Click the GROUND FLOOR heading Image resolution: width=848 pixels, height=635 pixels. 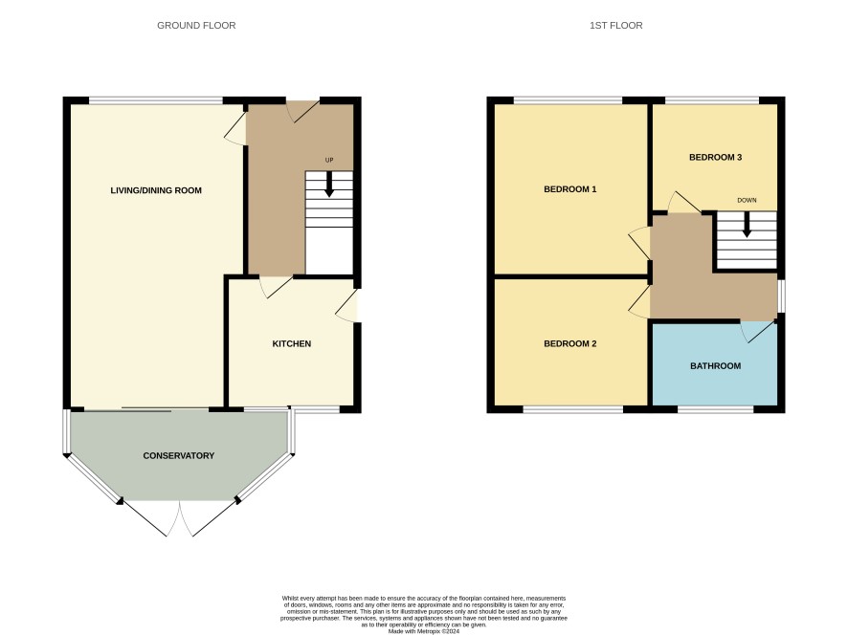[x=196, y=26]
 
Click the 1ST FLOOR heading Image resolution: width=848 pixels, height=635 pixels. [x=616, y=26]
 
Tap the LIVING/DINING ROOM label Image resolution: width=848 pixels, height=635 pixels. [x=156, y=190]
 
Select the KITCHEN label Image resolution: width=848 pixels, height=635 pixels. [x=292, y=343]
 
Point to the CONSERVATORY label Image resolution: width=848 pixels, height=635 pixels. [x=178, y=455]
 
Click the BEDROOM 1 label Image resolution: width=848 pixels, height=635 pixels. [x=570, y=189]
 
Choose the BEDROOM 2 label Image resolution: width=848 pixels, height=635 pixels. [x=570, y=343]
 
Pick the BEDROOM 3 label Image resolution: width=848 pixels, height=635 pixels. [x=716, y=157]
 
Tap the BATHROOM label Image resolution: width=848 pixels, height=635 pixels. [x=716, y=366]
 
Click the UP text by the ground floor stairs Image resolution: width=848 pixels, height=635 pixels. [x=329, y=160]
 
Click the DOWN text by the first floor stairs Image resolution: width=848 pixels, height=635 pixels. [x=747, y=200]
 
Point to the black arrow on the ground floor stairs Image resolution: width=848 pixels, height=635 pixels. [x=329, y=185]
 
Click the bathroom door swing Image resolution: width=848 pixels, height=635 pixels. [x=757, y=331]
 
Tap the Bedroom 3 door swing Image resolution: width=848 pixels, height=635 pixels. [x=683, y=202]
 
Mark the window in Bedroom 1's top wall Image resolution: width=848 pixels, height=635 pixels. [x=568, y=100]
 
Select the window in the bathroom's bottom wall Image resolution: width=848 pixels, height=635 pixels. [x=716, y=409]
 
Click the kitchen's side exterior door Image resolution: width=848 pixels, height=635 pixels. [x=347, y=306]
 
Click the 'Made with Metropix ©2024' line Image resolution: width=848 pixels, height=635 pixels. [x=424, y=631]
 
